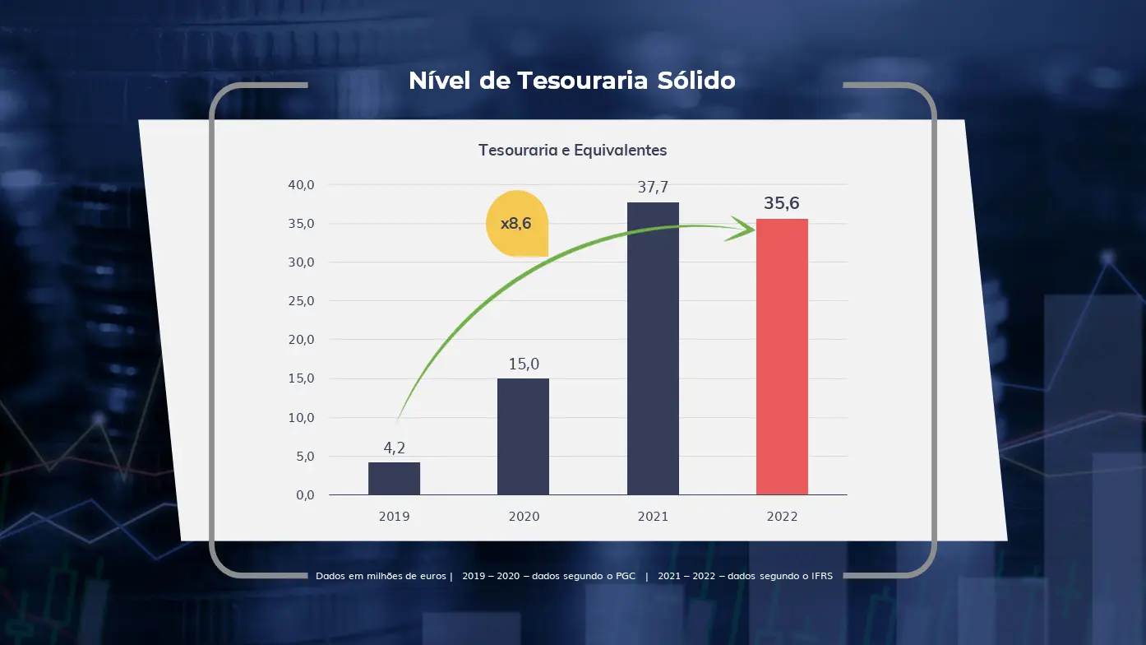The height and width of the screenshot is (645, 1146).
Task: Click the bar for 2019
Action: click(394, 479)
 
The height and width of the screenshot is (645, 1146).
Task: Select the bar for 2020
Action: click(523, 437)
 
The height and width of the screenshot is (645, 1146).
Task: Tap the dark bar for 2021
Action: click(653, 349)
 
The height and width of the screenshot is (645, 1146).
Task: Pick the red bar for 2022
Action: click(782, 357)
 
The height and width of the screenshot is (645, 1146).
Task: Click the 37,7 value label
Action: click(653, 188)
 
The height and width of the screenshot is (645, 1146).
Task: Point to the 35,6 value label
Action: click(782, 203)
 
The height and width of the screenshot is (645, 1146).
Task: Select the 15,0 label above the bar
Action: click(524, 364)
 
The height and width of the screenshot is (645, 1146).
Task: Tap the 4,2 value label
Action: click(395, 448)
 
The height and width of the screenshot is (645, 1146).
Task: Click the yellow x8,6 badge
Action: click(516, 223)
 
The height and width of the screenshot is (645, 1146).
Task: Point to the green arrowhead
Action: click(742, 230)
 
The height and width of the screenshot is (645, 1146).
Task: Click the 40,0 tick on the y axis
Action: click(301, 185)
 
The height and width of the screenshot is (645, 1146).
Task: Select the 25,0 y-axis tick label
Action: click(301, 301)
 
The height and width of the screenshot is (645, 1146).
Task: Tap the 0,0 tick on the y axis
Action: click(304, 495)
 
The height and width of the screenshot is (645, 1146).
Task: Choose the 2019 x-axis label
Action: click(394, 517)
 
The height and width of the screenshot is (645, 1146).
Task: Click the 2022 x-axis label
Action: click(782, 517)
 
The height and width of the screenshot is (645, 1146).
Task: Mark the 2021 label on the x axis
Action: click(653, 517)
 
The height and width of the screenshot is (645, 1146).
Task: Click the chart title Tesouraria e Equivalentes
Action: click(572, 151)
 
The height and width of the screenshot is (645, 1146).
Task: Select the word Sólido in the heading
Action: click(695, 81)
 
